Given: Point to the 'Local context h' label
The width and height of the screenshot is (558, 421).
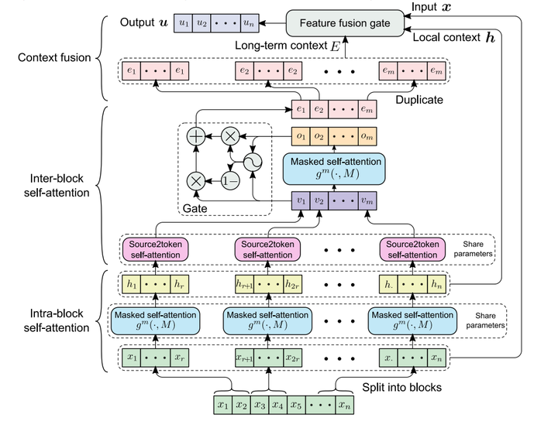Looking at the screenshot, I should (456, 37).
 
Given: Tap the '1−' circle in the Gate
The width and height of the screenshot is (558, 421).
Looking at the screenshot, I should (230, 180).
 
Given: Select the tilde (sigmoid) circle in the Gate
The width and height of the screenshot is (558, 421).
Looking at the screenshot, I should (252, 161).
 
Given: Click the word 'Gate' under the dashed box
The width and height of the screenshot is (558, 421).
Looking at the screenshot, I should (195, 208).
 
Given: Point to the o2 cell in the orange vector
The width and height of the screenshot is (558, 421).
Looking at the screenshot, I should (319, 137).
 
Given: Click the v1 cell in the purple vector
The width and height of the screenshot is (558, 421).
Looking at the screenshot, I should (300, 200).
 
